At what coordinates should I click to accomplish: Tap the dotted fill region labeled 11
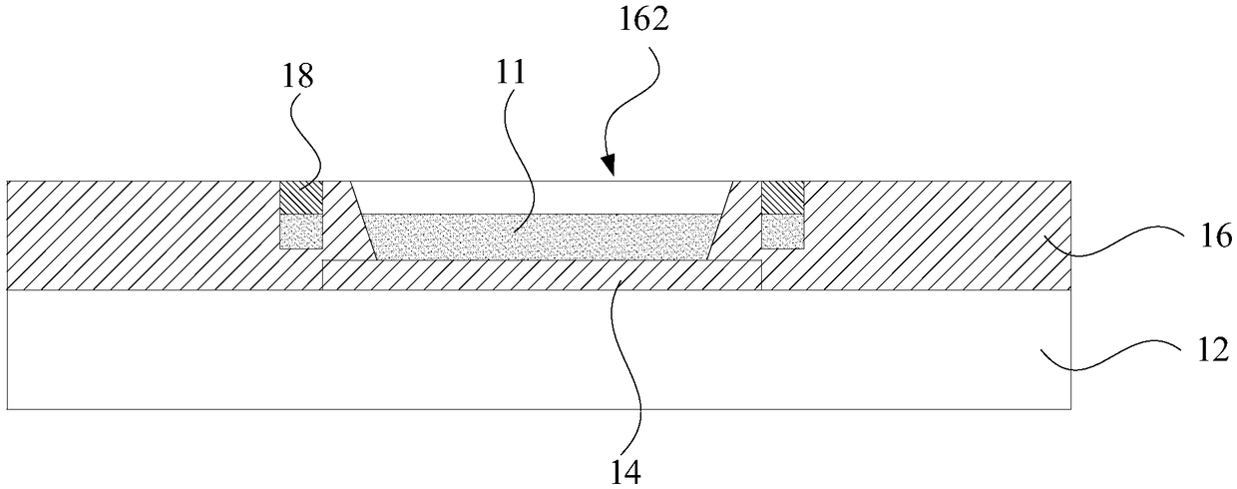539,237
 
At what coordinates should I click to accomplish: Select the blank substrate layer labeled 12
539,349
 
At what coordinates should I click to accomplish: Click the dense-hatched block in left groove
300,198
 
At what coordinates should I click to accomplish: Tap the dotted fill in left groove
300,231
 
